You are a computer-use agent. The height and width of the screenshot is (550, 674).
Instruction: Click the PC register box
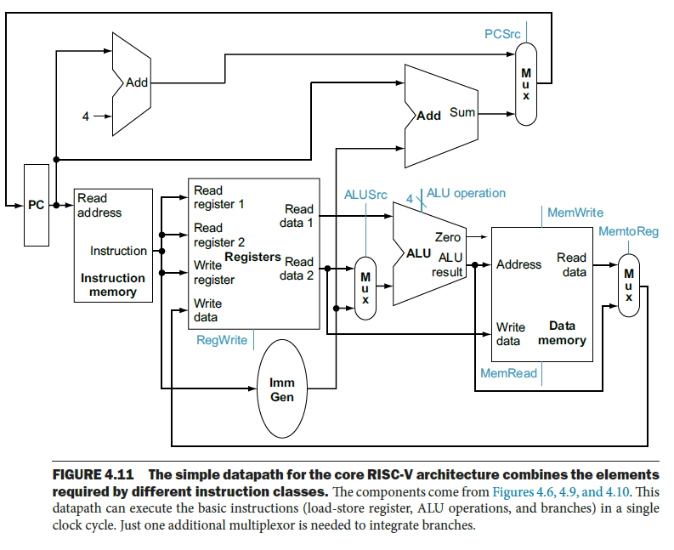[37, 205]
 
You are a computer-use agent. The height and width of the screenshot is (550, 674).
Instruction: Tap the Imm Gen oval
[281, 389]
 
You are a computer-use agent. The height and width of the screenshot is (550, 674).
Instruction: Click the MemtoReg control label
[628, 231]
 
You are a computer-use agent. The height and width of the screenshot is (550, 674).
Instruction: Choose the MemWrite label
[575, 213]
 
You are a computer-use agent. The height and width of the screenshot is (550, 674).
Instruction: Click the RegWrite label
[222, 340]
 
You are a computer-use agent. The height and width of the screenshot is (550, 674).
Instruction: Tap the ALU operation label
[466, 193]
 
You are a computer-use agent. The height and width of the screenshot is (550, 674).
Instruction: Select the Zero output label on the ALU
[448, 237]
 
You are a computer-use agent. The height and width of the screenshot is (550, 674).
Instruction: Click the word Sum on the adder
[462, 112]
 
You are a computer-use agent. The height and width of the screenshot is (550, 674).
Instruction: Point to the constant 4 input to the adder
[86, 116]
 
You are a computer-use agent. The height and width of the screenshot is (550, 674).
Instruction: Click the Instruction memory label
[113, 285]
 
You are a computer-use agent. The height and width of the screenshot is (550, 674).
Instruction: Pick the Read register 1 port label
[218, 197]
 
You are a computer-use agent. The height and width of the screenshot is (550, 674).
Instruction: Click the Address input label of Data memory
[518, 264]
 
